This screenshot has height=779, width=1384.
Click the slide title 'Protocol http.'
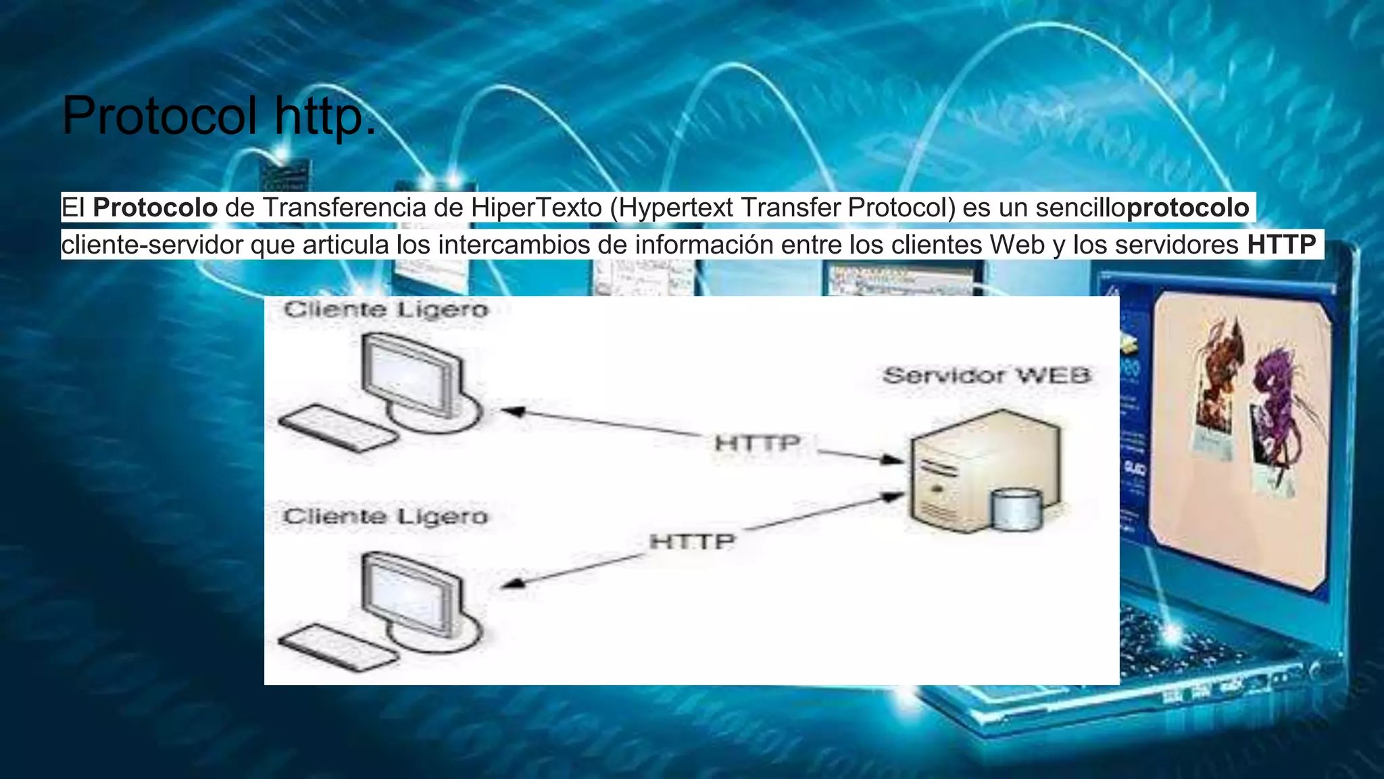pyautogui.click(x=218, y=116)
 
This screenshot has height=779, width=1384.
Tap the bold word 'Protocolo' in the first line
pyautogui.click(x=155, y=208)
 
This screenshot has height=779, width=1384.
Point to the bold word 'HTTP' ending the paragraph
pyautogui.click(x=1281, y=244)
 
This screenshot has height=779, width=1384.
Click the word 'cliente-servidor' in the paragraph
pyautogui.click(x=152, y=244)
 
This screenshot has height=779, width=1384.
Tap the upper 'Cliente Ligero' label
pyautogui.click(x=386, y=310)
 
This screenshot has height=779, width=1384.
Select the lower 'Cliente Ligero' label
pyautogui.click(x=386, y=517)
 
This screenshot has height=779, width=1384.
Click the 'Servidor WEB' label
pyautogui.click(x=987, y=375)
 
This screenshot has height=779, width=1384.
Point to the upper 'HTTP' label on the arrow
pyautogui.click(x=758, y=444)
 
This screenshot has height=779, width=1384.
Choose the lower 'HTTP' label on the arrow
pyautogui.click(x=692, y=542)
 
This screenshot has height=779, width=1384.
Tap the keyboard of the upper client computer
pyautogui.click(x=338, y=427)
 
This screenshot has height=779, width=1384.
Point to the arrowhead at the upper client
pyautogui.click(x=512, y=411)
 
